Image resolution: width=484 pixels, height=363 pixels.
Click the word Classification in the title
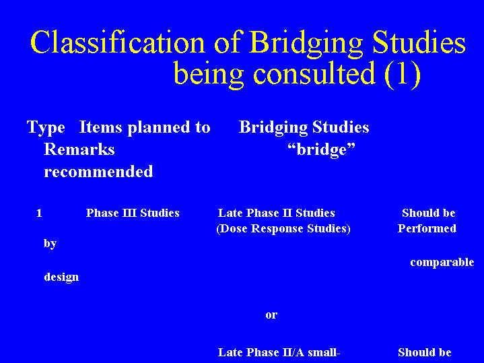click(x=118, y=42)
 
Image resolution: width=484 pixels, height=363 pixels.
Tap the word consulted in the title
click(x=314, y=73)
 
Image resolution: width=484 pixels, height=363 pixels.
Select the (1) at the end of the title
click(x=403, y=74)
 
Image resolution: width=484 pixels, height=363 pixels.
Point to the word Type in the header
click(x=46, y=128)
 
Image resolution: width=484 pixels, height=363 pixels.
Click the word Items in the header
click(x=100, y=127)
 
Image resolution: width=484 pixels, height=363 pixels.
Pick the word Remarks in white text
click(x=79, y=150)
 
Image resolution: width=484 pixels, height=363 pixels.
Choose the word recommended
click(x=98, y=172)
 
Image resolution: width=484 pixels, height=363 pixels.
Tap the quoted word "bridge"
click(x=321, y=150)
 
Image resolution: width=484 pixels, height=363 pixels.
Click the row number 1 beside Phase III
click(x=39, y=213)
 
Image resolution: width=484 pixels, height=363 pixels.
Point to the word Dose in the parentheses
click(x=233, y=228)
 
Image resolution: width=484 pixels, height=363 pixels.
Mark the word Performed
click(x=427, y=228)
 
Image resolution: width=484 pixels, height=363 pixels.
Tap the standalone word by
click(x=50, y=244)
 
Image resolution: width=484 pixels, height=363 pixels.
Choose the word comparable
click(x=442, y=262)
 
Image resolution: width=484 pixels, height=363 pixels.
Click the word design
click(x=61, y=277)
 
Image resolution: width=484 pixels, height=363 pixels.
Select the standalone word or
click(x=271, y=315)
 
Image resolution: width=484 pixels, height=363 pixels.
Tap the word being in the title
click(x=209, y=74)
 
